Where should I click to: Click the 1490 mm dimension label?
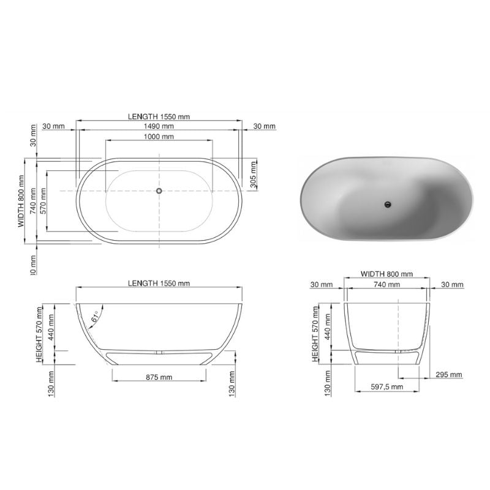(159, 126)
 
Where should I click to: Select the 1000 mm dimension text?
(159, 137)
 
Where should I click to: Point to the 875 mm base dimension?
(159, 377)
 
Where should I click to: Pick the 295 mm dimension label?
(450, 374)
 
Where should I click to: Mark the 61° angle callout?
(95, 318)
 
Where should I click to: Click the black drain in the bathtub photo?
(387, 205)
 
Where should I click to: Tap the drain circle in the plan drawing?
(159, 190)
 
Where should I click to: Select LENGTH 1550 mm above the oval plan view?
(159, 116)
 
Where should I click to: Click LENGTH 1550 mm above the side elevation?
(159, 283)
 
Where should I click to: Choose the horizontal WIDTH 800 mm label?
(386, 274)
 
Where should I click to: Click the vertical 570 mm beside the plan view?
(43, 200)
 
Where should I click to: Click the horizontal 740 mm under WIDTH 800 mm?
(386, 284)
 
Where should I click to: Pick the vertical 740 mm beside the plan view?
(32, 200)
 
